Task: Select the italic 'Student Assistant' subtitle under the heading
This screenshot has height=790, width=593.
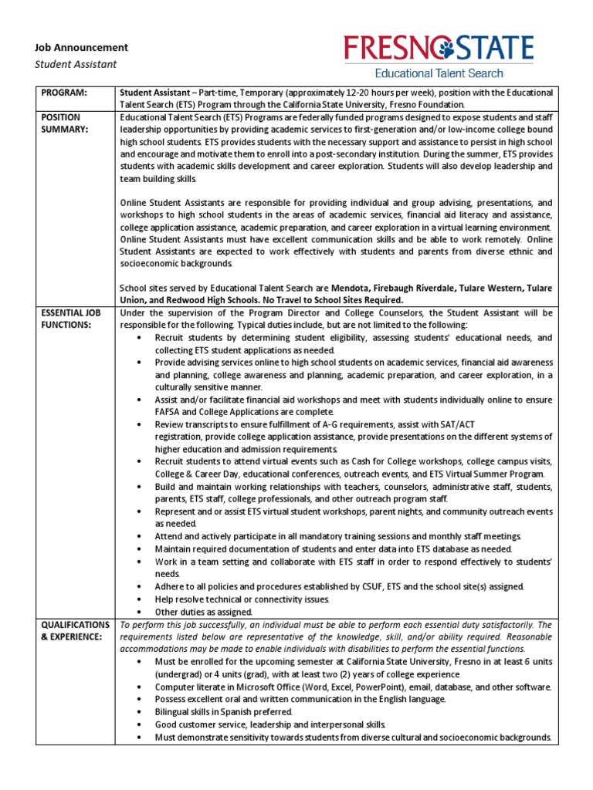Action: [x=76, y=64]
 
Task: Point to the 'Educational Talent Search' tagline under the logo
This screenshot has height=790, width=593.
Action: [x=439, y=73]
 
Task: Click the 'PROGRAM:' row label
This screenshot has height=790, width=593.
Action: [x=64, y=93]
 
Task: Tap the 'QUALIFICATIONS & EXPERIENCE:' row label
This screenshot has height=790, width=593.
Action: [x=76, y=630]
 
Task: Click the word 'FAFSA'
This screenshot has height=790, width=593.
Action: [x=170, y=411]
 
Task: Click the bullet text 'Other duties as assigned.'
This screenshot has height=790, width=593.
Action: [x=204, y=611]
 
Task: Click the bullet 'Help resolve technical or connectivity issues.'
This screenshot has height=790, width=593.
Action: [x=242, y=599]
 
